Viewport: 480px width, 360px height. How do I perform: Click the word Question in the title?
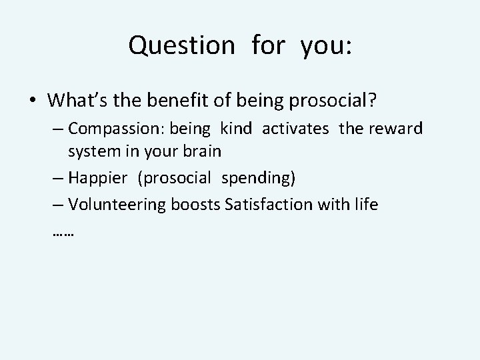(x=181, y=45)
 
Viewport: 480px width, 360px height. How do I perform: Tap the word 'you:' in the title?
(x=326, y=45)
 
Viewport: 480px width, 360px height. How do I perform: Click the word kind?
(x=236, y=128)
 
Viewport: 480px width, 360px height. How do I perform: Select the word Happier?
(x=96, y=179)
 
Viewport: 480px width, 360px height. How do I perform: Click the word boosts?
(x=197, y=204)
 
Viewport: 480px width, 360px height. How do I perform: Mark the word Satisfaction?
(x=264, y=204)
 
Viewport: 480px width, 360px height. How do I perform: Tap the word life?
(x=365, y=204)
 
